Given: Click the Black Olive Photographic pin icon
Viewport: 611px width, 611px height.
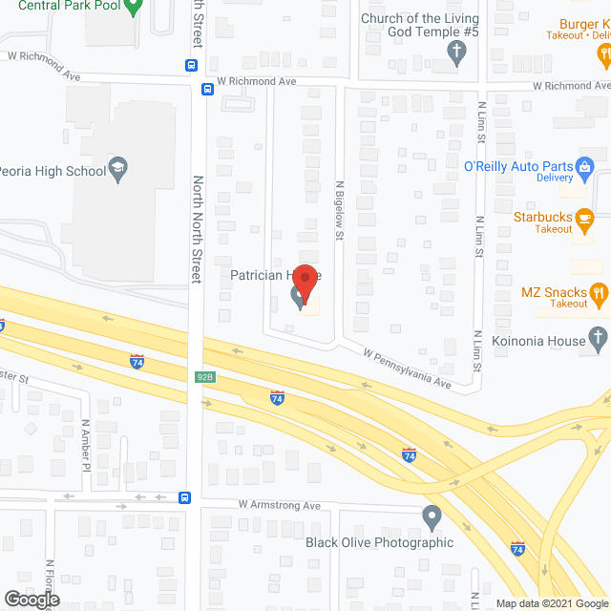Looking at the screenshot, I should click(432, 517).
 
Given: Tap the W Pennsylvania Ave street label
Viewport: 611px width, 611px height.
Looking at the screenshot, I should click(406, 368).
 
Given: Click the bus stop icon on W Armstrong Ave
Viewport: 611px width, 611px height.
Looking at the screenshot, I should click(185, 497).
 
